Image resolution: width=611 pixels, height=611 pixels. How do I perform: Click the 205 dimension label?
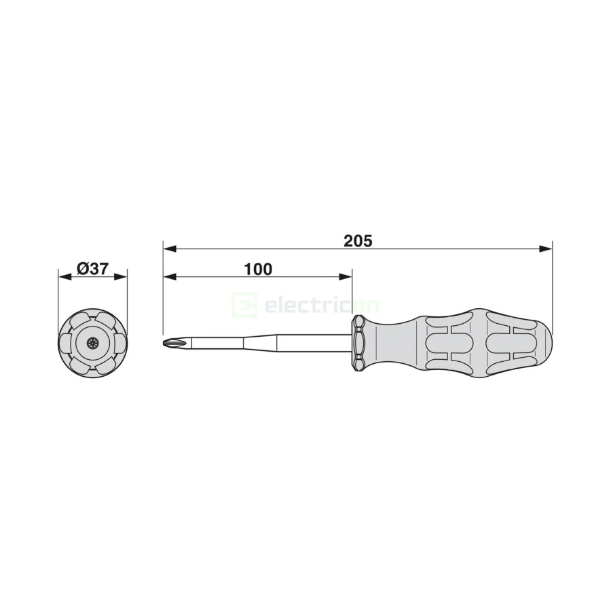358,241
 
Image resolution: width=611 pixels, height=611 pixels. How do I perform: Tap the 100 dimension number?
258,269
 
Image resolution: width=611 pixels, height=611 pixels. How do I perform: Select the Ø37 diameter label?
93,269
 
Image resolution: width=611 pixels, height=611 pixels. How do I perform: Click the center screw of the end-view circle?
93,343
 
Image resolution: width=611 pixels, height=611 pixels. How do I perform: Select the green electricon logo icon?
244,305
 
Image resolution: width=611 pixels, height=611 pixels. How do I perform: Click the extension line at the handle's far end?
552,285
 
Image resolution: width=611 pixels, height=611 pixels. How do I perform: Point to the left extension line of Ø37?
58,299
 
